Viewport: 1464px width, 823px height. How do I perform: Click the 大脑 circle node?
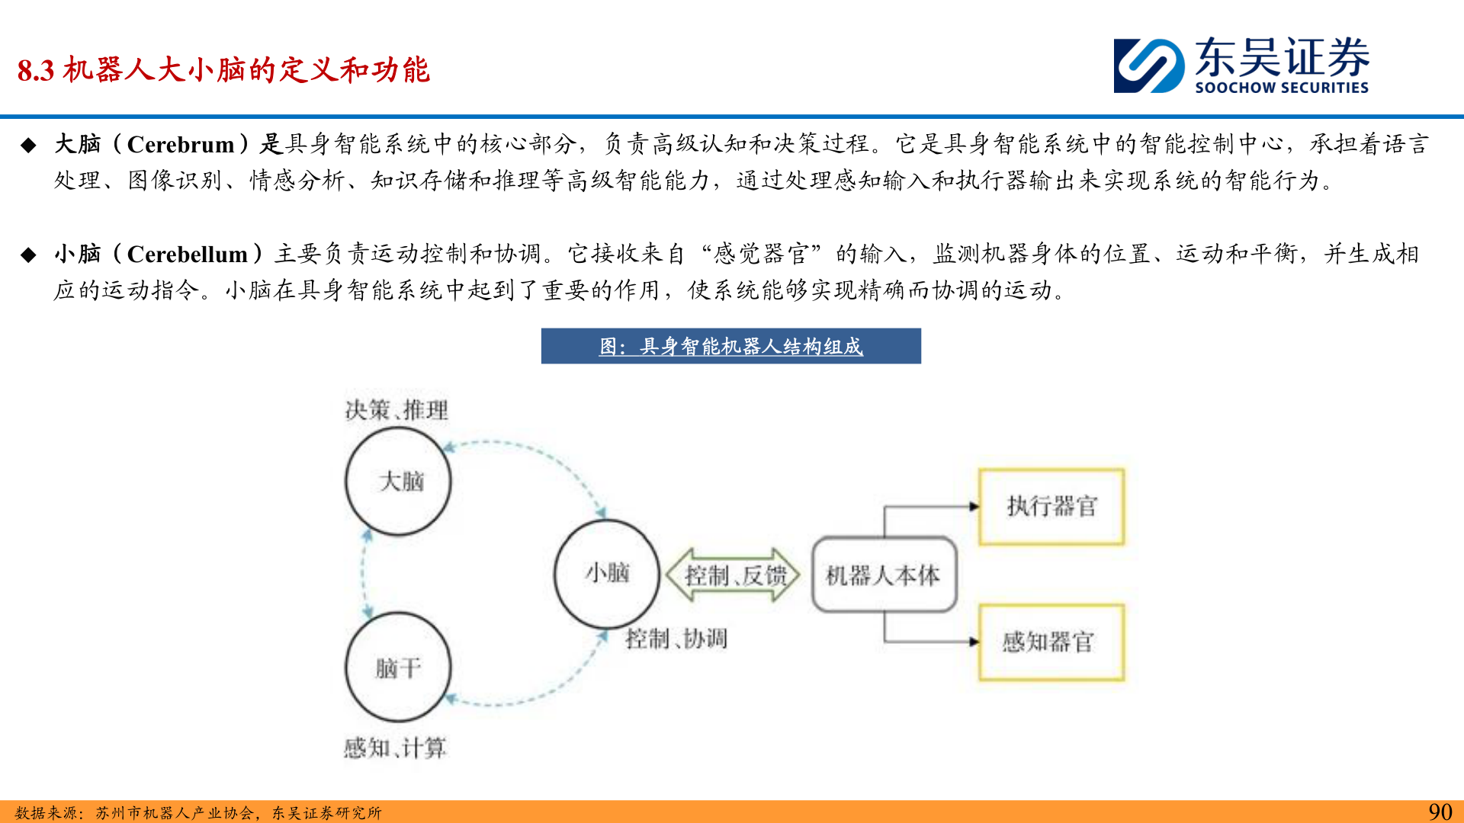click(398, 482)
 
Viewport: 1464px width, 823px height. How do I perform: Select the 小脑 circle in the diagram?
click(607, 573)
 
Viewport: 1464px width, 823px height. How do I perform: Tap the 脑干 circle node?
click(398, 668)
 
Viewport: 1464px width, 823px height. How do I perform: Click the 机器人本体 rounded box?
click(884, 575)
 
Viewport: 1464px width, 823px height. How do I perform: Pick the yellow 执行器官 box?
click(1051, 507)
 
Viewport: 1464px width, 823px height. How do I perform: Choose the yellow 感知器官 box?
click(1051, 642)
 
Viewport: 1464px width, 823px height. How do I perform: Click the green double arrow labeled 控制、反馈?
click(734, 575)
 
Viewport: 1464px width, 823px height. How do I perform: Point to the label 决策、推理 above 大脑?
click(396, 410)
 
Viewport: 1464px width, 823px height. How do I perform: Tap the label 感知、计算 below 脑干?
click(395, 748)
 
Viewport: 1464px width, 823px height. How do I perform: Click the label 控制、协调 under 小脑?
click(676, 639)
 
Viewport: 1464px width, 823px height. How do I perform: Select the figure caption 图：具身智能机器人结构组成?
click(730, 347)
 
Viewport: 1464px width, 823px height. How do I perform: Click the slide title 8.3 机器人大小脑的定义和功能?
click(223, 70)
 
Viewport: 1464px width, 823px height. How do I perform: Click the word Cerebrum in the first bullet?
click(181, 144)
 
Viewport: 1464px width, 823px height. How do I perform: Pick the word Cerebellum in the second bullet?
click(188, 254)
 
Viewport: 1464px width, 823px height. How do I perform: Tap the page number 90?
click(1440, 812)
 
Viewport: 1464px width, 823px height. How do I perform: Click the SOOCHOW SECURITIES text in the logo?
click(1281, 88)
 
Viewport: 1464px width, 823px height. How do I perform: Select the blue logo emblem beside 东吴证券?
click(1148, 66)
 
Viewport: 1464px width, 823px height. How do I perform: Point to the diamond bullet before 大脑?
click(29, 145)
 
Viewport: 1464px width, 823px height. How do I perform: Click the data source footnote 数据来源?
click(198, 813)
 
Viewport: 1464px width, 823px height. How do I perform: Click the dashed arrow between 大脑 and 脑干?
click(364, 575)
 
